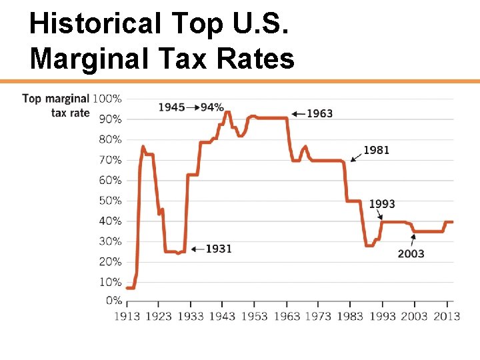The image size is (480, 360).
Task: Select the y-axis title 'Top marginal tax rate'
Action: pyautogui.click(x=56, y=105)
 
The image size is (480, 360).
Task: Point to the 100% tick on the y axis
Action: pyautogui.click(x=107, y=99)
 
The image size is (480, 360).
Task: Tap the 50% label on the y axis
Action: pyautogui.click(x=110, y=201)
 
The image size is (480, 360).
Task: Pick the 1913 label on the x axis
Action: pyautogui.click(x=126, y=315)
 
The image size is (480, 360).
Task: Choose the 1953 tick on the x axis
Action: pyautogui.click(x=254, y=315)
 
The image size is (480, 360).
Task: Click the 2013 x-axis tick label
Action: pyautogui.click(x=446, y=315)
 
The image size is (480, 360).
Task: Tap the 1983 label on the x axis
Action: pyautogui.click(x=350, y=315)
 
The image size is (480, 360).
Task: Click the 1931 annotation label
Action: pyautogui.click(x=218, y=249)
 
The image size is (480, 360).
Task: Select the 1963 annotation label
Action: pyautogui.click(x=319, y=113)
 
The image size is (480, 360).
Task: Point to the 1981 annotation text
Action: pyautogui.click(x=376, y=151)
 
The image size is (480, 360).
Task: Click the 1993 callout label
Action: pyautogui.click(x=382, y=203)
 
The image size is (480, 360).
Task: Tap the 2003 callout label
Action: pyautogui.click(x=411, y=253)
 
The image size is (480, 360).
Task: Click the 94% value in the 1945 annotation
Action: pyautogui.click(x=211, y=107)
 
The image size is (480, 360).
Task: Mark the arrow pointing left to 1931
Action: pyautogui.click(x=197, y=249)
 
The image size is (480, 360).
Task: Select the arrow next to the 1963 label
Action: pyautogui.click(x=297, y=113)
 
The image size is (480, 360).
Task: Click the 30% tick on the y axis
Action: pyautogui.click(x=110, y=241)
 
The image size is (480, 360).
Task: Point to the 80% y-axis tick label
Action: pyautogui.click(x=110, y=139)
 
